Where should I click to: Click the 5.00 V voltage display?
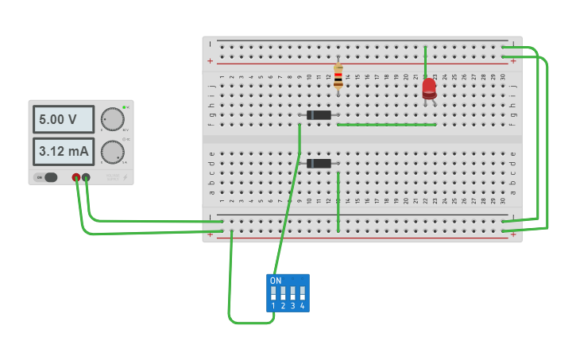click(63, 120)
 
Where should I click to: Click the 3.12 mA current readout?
click(63, 151)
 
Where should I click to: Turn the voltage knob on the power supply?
click(113, 119)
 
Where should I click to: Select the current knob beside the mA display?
click(113, 151)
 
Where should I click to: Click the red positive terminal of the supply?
click(76, 177)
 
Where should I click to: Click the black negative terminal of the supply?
click(86, 177)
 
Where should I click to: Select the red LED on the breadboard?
click(429, 87)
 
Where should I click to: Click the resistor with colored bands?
click(338, 78)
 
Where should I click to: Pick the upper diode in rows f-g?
click(319, 115)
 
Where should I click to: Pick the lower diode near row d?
click(319, 164)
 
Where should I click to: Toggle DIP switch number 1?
click(273, 293)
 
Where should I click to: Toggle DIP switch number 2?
click(283, 293)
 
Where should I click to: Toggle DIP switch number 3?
click(292, 293)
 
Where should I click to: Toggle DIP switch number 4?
click(302, 293)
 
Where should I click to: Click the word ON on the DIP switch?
click(276, 281)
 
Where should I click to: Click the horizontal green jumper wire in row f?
click(387, 125)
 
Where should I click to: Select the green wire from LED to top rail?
click(426, 61)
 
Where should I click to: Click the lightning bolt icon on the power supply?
click(124, 177)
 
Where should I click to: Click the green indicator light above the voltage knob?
click(125, 106)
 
